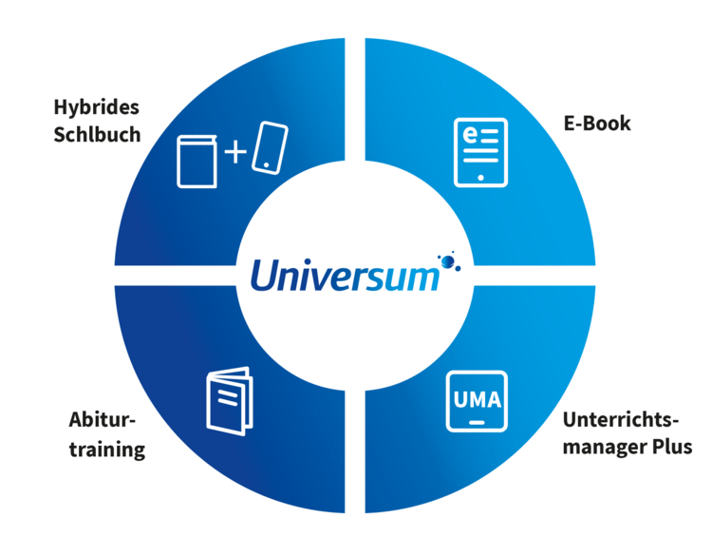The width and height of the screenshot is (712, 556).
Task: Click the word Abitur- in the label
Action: tap(103, 420)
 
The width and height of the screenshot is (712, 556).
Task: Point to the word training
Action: tap(106, 449)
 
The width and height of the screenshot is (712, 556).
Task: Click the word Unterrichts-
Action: tap(622, 419)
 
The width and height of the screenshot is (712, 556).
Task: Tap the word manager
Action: tap(605, 447)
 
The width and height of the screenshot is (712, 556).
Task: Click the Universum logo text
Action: tap(345, 277)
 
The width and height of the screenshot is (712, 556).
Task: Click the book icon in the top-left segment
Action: tap(197, 162)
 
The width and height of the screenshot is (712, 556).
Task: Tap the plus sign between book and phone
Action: tap(234, 151)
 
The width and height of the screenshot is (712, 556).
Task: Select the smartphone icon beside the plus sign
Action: tap(269, 148)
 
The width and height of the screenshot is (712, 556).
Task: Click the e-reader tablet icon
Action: tap(480, 152)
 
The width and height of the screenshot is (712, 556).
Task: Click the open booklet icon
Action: tap(229, 398)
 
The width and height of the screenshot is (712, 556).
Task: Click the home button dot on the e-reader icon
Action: tap(480, 177)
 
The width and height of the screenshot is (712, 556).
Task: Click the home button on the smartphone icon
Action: tap(267, 164)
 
